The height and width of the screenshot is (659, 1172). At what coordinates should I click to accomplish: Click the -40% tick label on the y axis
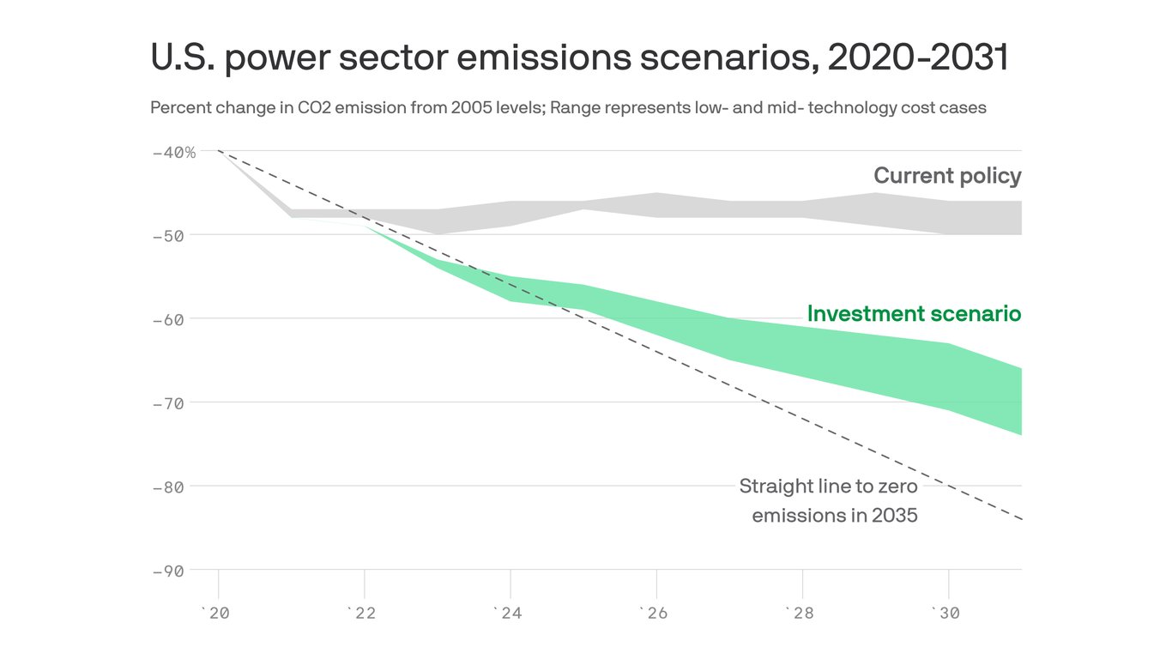[x=174, y=152]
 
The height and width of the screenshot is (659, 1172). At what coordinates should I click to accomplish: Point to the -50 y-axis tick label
[x=174, y=235]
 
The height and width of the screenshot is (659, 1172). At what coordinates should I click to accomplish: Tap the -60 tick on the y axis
[x=174, y=319]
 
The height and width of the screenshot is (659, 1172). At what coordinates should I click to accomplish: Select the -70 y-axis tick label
[x=174, y=402]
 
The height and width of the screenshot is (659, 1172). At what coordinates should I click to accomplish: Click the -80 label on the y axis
[x=174, y=487]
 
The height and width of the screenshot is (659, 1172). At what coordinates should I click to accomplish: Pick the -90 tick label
[x=174, y=571]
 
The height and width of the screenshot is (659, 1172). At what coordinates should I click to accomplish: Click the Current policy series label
[x=947, y=176]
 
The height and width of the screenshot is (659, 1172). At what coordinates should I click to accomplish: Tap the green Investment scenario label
[x=914, y=314]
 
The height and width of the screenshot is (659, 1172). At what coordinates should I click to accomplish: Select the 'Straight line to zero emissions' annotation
[x=829, y=501]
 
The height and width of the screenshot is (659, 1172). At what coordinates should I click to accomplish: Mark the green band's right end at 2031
[x=1019, y=402]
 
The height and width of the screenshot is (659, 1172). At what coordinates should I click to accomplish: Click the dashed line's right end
[x=1020, y=519]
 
